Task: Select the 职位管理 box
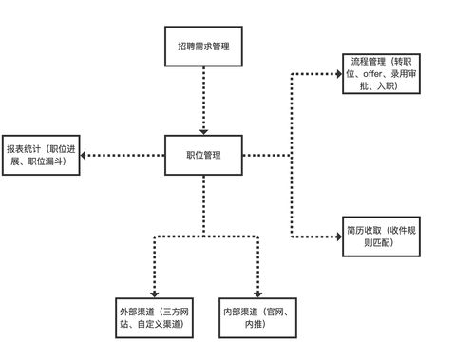(202, 154)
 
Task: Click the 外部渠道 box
(153, 319)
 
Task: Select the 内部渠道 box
(258, 319)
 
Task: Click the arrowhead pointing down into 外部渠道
(154, 295)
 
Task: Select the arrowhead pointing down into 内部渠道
(258, 295)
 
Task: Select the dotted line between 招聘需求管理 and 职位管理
(203, 95)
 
